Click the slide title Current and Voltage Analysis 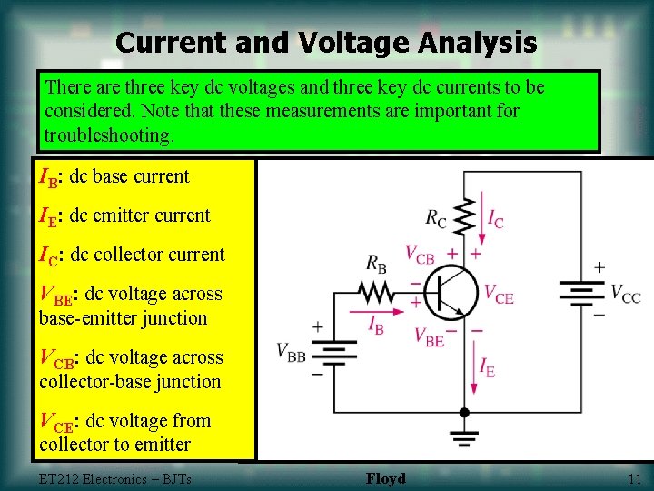point(326,43)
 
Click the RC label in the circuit point(437,217)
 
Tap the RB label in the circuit point(377,264)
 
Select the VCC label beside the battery point(625,294)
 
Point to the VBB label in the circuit point(291,353)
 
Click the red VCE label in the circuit point(499,293)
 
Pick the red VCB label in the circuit point(420,254)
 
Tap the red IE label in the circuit point(487,368)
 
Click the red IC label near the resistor point(495,219)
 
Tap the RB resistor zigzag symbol point(375,291)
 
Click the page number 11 point(634,479)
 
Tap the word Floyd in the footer point(386,479)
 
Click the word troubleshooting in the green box point(108,136)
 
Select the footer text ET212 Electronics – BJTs point(115,479)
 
